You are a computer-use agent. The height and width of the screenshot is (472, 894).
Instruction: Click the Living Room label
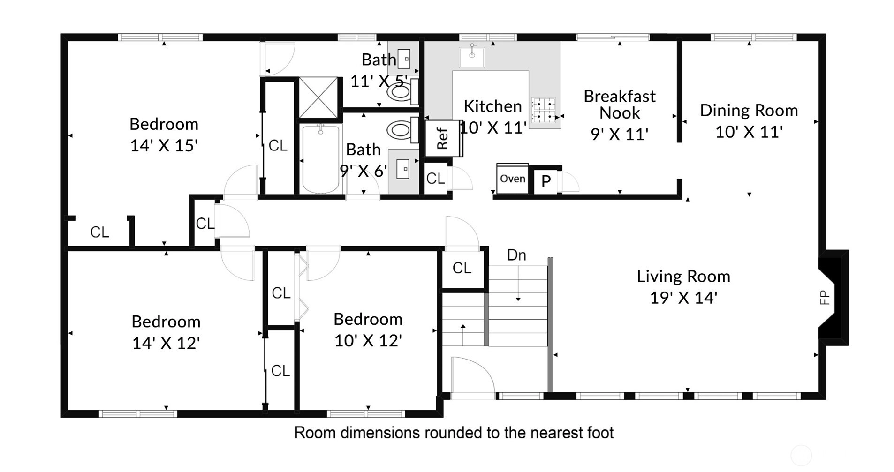pyautogui.click(x=683, y=277)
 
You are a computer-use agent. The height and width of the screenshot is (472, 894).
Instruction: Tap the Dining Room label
pyautogui.click(x=749, y=111)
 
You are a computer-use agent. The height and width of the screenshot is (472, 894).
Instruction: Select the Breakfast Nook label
pyautogui.click(x=619, y=105)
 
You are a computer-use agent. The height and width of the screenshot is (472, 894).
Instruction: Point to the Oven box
pyautogui.click(x=512, y=179)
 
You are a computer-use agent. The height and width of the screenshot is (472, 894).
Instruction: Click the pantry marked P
pyautogui.click(x=546, y=181)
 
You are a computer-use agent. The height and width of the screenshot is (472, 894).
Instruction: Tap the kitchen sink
pyautogui.click(x=472, y=56)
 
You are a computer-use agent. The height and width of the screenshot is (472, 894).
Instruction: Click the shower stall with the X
pyautogui.click(x=318, y=97)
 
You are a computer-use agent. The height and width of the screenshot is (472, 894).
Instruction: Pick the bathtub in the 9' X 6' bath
pyautogui.click(x=320, y=159)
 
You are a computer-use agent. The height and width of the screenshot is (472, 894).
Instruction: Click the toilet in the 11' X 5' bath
pyautogui.click(x=402, y=92)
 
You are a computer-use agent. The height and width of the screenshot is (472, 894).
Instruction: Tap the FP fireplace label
pyautogui.click(x=824, y=298)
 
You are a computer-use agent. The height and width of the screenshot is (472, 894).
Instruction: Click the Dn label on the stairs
pyautogui.click(x=516, y=255)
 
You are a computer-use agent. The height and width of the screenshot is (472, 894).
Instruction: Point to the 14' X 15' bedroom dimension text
pyautogui.click(x=164, y=146)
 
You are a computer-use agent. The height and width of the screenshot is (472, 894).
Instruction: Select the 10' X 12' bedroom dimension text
pyautogui.click(x=368, y=341)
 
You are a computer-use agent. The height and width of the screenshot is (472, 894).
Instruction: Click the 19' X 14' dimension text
pyautogui.click(x=683, y=298)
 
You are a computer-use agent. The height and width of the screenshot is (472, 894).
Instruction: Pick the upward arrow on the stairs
pyautogui.click(x=463, y=334)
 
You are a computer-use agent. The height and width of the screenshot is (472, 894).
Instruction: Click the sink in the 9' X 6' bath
pyautogui.click(x=403, y=169)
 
